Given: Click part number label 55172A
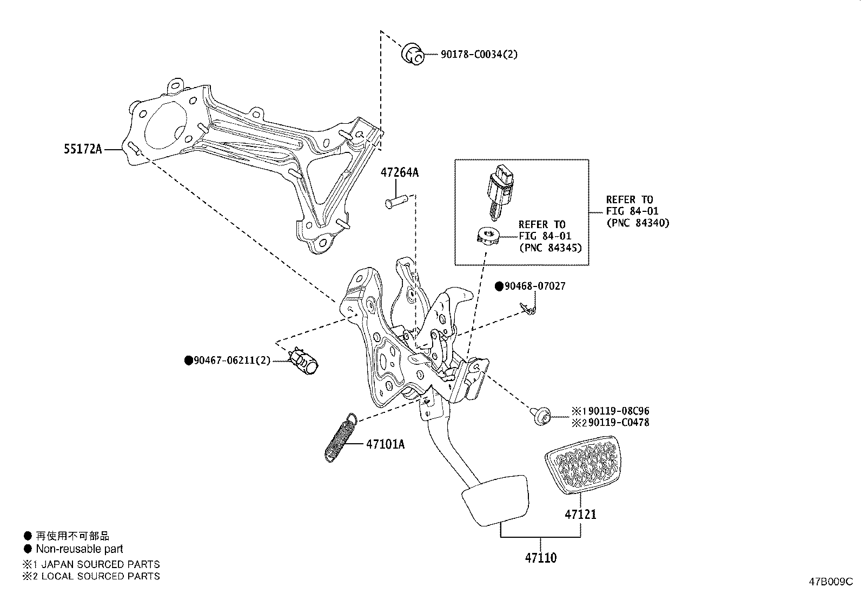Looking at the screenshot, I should pos(83,149).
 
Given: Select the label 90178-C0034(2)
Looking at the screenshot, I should pos(472,54).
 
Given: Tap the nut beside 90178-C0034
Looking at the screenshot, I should pos(414,55).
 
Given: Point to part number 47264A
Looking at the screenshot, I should pos(399,173).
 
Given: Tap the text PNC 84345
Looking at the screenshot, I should pos(550,248).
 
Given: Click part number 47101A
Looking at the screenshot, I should pos(385,444).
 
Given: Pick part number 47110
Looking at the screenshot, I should pos(540,558).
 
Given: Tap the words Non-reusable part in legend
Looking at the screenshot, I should pos(80,549).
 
